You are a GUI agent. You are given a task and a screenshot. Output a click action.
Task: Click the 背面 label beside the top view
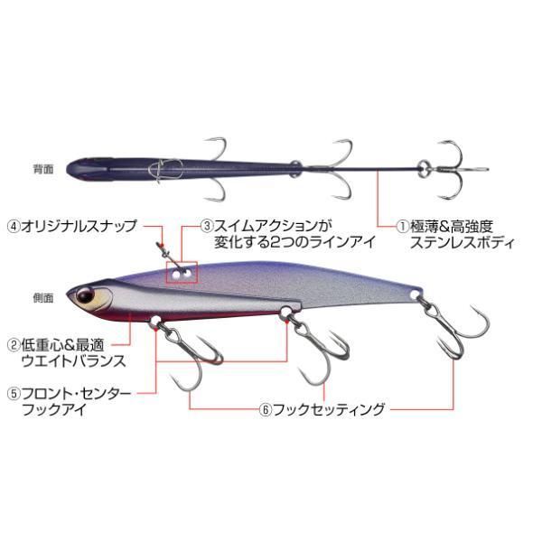click(x=43, y=169)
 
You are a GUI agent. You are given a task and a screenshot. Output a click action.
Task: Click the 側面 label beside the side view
click(x=43, y=298)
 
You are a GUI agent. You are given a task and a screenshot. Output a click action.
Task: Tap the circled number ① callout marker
click(x=402, y=227)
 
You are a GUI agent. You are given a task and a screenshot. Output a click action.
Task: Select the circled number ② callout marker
click(x=14, y=345)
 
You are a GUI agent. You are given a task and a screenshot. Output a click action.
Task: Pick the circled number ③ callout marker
click(x=207, y=226)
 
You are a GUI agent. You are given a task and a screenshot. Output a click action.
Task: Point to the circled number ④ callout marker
click(x=14, y=226)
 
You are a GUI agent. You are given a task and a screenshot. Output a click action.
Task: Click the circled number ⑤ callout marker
click(x=14, y=394)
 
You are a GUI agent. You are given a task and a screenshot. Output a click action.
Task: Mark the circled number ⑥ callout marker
click(x=266, y=410)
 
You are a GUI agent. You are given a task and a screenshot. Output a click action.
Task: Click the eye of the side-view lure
click(x=85, y=295)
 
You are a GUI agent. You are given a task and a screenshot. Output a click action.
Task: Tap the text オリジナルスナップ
click(x=79, y=226)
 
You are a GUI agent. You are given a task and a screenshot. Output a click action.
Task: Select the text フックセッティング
click(x=329, y=410)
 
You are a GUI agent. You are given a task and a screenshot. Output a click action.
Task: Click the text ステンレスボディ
click(x=463, y=243)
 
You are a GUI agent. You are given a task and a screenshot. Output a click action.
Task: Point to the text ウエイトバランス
click(x=73, y=360)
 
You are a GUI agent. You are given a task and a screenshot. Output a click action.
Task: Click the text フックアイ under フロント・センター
click(x=53, y=410)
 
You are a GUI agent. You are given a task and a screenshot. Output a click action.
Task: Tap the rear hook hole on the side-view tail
click(x=415, y=294)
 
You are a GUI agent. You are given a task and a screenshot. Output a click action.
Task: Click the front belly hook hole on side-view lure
click(x=155, y=320)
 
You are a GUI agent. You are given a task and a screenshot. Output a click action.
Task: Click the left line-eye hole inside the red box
click(x=176, y=275)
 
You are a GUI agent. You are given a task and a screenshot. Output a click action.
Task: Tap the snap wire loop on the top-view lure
click(x=164, y=170)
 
